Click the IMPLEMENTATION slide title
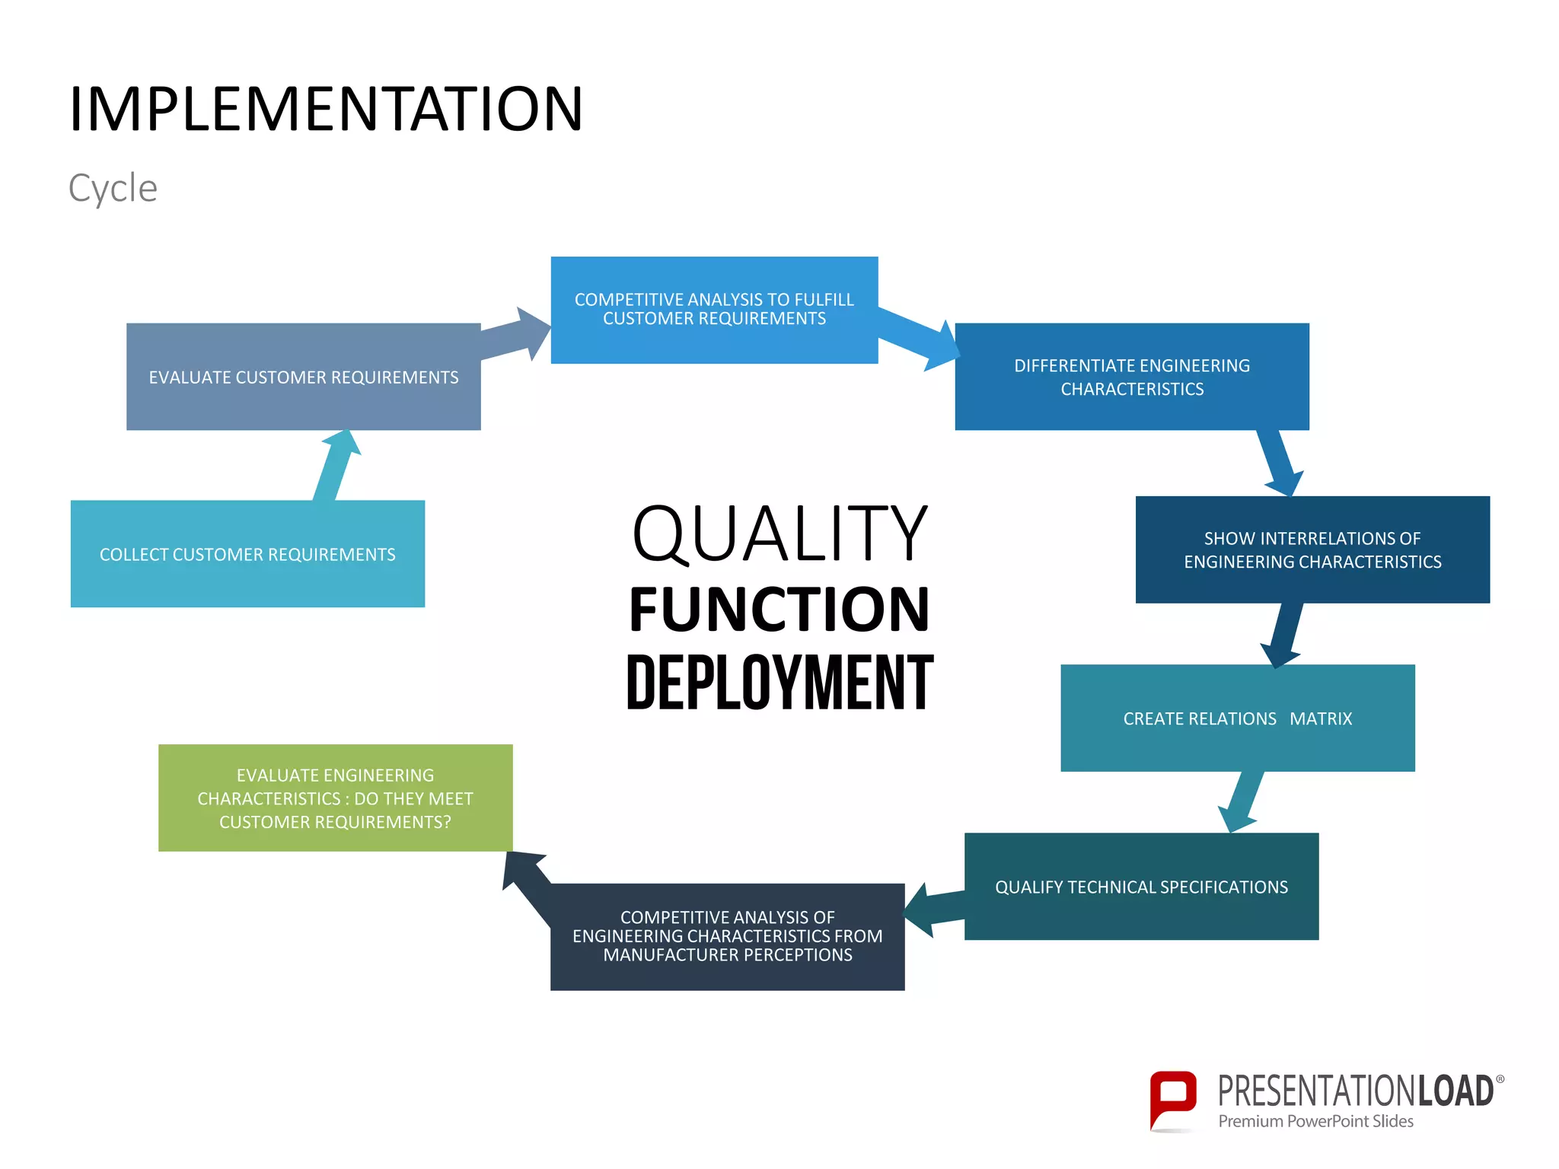(326, 110)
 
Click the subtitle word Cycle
(113, 188)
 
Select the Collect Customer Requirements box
(247, 554)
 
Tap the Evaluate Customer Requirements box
(303, 377)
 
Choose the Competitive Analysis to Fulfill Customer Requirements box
(714, 310)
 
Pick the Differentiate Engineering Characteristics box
(1132, 377)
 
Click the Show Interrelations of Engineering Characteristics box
(1312, 550)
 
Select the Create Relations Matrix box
(1237, 718)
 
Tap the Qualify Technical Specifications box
(1141, 887)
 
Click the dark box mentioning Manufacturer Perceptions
(727, 937)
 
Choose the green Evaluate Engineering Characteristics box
(335, 798)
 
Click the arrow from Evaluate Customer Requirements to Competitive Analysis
(518, 336)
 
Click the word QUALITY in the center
(779, 534)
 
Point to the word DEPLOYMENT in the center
(779, 683)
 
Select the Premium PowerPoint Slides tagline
(1315, 1121)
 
